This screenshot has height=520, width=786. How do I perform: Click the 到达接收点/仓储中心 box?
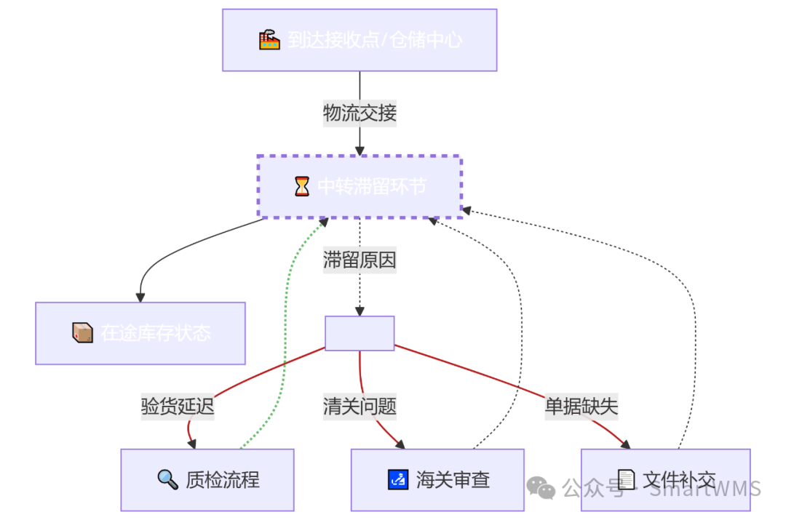360,40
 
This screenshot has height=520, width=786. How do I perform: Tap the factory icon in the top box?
269,40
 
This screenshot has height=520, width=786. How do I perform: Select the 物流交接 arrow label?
360,113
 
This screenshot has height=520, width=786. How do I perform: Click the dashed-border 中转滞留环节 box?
360,187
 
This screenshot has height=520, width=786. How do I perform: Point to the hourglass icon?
301,187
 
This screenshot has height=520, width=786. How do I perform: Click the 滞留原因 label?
360,260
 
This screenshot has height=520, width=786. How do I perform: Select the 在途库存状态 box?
140,333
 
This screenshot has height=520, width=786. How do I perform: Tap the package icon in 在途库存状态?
83,333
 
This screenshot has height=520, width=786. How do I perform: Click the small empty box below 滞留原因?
360,333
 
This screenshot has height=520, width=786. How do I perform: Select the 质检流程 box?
207,480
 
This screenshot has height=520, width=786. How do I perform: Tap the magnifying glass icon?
168,479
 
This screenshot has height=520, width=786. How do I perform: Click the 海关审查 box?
437,480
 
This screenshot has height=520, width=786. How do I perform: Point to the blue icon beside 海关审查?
398,479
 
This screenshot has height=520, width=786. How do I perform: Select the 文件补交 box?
665,480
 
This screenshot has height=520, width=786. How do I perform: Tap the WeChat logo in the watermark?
541,487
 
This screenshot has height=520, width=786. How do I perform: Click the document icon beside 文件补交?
626,479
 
